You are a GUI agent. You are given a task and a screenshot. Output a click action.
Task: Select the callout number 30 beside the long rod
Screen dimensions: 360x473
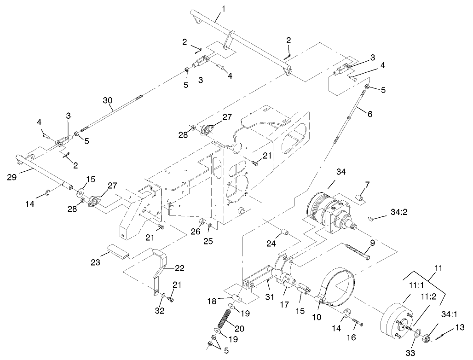[x=108, y=100]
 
